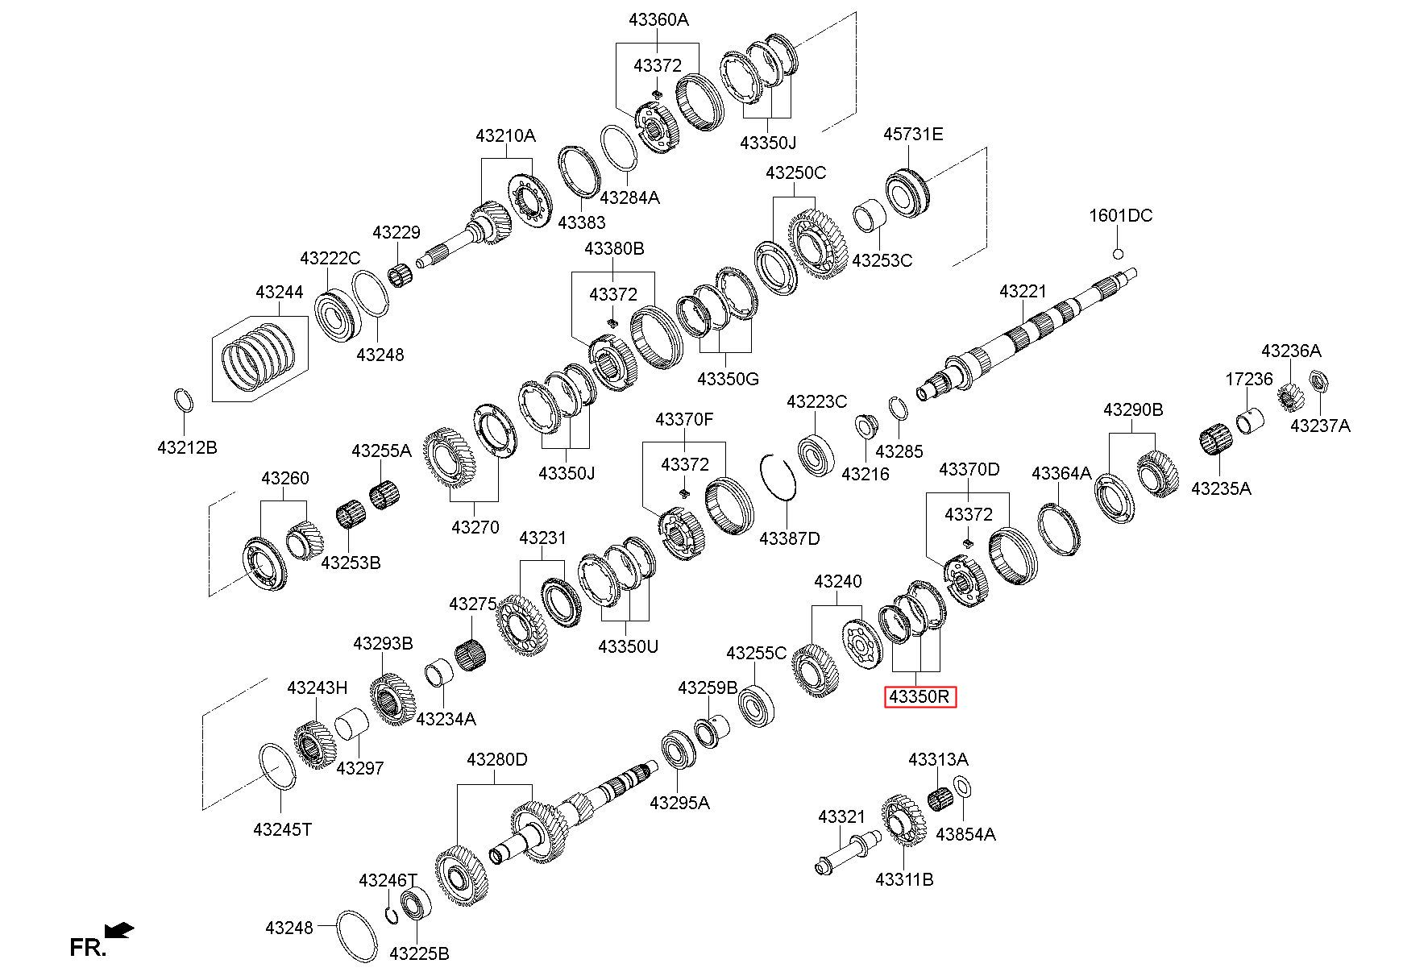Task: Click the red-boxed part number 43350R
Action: [x=920, y=696]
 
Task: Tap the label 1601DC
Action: [x=1120, y=216]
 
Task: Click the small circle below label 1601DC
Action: [x=1118, y=254]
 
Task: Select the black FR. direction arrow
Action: [x=120, y=930]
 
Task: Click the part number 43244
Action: [x=279, y=292]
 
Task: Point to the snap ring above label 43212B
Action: [x=184, y=401]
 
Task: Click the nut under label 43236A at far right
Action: [x=1318, y=379]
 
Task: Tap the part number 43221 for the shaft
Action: [x=1023, y=291]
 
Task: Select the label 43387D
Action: [x=789, y=538]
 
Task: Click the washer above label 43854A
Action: [x=962, y=786]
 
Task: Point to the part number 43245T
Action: [x=282, y=829]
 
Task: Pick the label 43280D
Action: [x=497, y=759]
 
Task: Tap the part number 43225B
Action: [x=419, y=954]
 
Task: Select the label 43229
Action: [x=396, y=233]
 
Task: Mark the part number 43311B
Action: [x=904, y=879]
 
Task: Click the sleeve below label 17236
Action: [x=1250, y=420]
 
